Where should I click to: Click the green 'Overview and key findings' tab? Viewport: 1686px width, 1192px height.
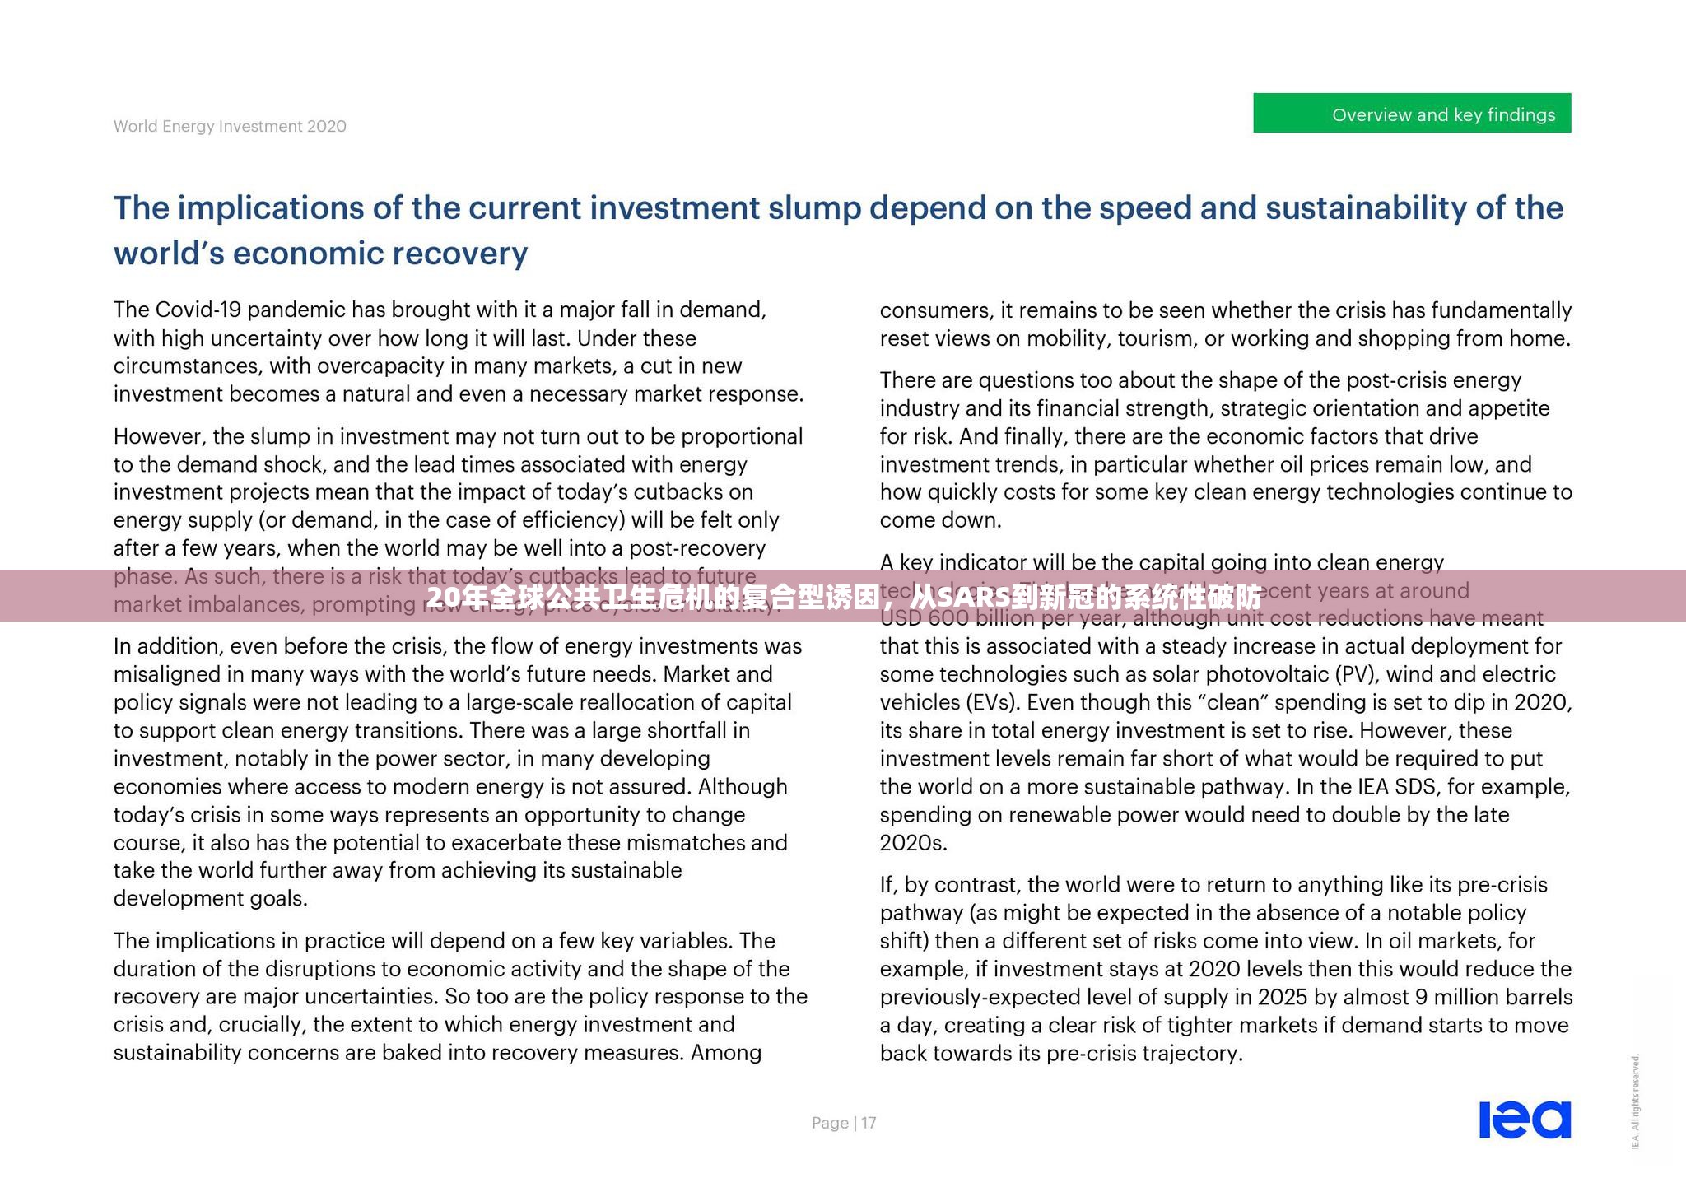pos(1411,114)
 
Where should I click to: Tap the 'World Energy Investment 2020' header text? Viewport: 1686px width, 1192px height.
pos(230,126)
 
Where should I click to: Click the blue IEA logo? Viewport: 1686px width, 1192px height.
pos(1525,1120)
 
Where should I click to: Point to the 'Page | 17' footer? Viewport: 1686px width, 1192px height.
pos(844,1123)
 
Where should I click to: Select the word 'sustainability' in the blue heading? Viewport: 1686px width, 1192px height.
pos(1366,208)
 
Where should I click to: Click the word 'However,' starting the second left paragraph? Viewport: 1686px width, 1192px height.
pos(159,436)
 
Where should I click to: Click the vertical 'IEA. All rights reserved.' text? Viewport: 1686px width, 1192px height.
pos(1636,1101)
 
